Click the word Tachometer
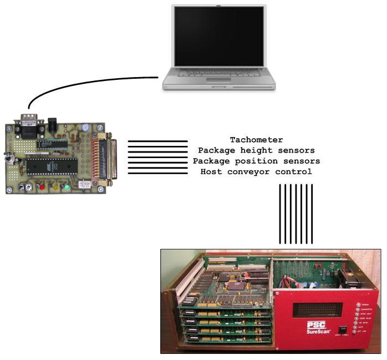coord(256,140)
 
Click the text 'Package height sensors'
coord(256,150)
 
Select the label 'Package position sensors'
coord(256,161)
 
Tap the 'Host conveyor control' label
coord(256,171)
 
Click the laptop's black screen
coord(218,37)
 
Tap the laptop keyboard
coord(218,73)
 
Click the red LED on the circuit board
coord(41,187)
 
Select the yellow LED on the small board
coord(55,187)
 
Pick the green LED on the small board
coord(67,187)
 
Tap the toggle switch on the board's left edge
coord(9,158)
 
